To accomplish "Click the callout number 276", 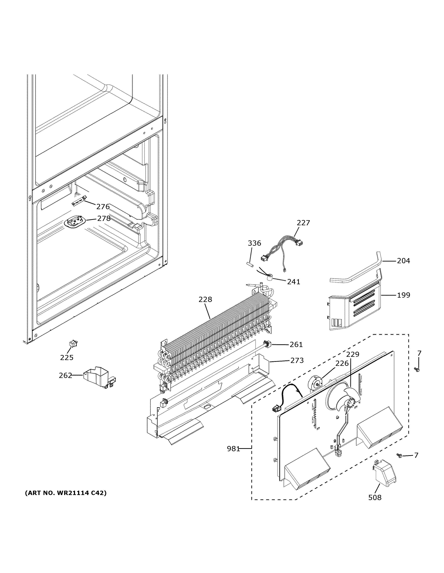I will coord(103,207).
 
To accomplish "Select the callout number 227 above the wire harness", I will coord(303,223).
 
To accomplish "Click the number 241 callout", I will coord(293,282).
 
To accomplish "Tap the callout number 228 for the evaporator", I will coord(205,299).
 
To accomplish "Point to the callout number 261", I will coord(296,344).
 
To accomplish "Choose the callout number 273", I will coord(297,360).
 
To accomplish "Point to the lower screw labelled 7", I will coord(400,456).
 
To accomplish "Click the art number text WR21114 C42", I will coord(66,493).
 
